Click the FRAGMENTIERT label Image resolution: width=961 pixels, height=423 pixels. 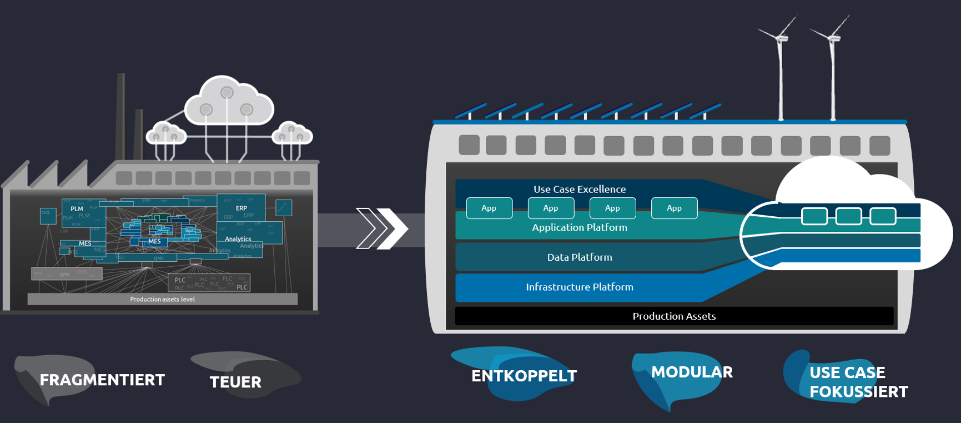click(102, 380)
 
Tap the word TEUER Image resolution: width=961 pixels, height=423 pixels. click(235, 382)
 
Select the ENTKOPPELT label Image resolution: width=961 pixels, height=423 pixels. click(524, 376)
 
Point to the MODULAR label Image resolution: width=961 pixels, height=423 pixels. click(692, 372)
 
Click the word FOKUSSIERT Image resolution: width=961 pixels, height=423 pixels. click(858, 392)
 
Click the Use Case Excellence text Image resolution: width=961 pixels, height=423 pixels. click(580, 189)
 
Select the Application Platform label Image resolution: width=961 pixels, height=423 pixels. click(580, 227)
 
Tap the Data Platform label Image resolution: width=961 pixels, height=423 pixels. click(580, 257)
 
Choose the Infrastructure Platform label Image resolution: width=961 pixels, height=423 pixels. click(580, 287)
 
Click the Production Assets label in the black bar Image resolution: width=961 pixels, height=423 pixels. click(674, 316)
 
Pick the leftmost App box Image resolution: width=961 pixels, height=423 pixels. click(489, 208)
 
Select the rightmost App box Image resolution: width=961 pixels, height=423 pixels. click(674, 208)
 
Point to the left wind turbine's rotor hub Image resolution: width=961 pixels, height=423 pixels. click(781, 38)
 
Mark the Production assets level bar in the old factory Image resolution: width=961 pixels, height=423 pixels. click(162, 299)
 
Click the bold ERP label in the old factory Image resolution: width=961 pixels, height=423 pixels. click(241, 208)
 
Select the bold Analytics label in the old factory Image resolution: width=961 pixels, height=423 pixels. click(238, 239)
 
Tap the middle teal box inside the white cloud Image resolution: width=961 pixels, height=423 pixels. click(848, 216)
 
